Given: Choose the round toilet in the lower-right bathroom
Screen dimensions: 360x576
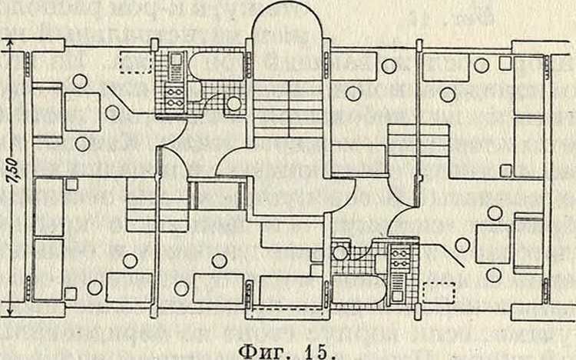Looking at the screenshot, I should [340, 252].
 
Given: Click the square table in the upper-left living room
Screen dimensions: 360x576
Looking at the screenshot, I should [81, 112].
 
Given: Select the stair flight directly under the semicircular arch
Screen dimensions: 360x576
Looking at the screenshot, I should [288, 108].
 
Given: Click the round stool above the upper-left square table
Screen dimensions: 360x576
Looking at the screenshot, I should [80, 81].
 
